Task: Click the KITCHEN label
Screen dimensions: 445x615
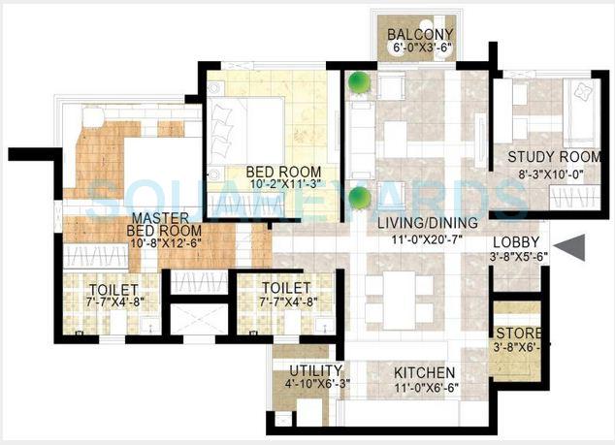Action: coord(425,372)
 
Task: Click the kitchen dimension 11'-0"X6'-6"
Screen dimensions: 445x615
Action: coord(425,387)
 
